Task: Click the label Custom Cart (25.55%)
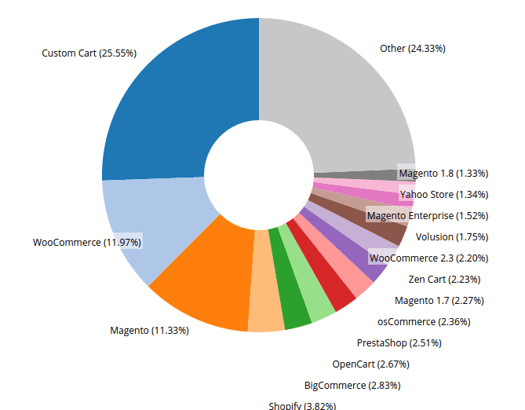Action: pos(89,53)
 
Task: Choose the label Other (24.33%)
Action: pos(413,49)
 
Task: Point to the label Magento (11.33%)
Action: pos(149,331)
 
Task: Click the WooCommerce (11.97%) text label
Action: pos(87,243)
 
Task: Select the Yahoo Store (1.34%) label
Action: pos(444,195)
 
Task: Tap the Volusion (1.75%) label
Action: pos(452,237)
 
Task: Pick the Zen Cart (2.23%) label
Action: pos(444,280)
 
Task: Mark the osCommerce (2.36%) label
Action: pos(424,322)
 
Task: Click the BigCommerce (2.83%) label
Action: pos(352,386)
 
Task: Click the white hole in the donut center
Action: pos(259,175)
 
